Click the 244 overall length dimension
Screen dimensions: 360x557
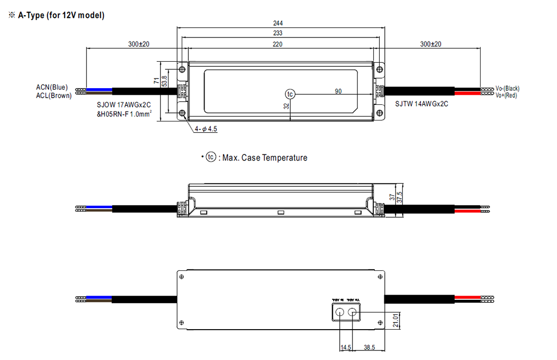[277, 23]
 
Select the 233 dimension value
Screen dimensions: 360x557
[277, 33]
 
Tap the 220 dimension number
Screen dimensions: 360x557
[277, 44]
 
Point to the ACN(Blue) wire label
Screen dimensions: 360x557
[52, 88]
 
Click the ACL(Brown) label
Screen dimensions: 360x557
[54, 96]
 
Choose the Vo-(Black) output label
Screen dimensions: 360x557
[507, 88]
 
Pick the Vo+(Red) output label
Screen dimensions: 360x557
[506, 95]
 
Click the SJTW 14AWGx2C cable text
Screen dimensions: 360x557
[422, 103]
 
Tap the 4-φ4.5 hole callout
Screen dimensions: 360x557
[206, 129]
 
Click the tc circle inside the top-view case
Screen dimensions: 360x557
[290, 94]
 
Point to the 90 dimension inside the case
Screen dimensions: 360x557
[338, 91]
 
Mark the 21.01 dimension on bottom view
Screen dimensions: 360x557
[395, 321]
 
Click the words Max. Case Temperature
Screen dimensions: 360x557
[264, 158]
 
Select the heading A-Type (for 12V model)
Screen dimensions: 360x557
[61, 15]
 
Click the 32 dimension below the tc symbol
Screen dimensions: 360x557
[286, 106]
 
